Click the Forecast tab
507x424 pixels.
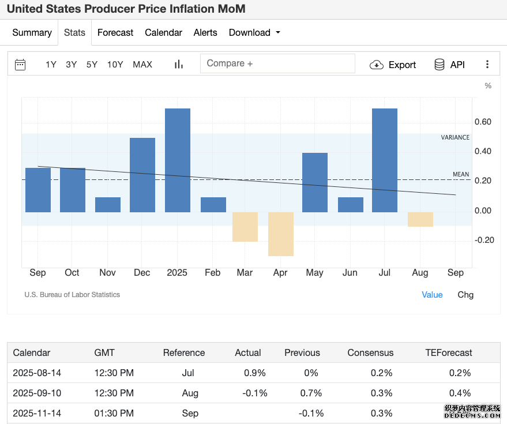(x=115, y=33)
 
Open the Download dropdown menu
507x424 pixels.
(x=254, y=33)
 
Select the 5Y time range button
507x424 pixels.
(x=92, y=65)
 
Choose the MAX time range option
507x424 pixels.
(x=142, y=65)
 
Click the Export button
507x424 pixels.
(x=393, y=65)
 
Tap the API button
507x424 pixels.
(x=450, y=65)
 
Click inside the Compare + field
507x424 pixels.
(x=277, y=63)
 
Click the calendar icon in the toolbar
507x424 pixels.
(x=20, y=65)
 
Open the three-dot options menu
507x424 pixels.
(x=487, y=65)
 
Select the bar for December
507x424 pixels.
(x=142, y=175)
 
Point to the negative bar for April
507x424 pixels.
(x=281, y=234)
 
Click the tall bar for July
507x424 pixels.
(x=385, y=160)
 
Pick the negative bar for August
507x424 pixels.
(x=420, y=219)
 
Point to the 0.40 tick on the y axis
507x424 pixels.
(x=483, y=151)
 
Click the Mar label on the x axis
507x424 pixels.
(x=245, y=273)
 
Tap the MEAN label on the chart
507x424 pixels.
(x=461, y=174)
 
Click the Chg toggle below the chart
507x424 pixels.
(x=465, y=295)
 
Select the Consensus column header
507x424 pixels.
(x=370, y=352)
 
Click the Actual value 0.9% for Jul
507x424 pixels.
(x=255, y=373)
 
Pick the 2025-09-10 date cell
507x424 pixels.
(x=37, y=393)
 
